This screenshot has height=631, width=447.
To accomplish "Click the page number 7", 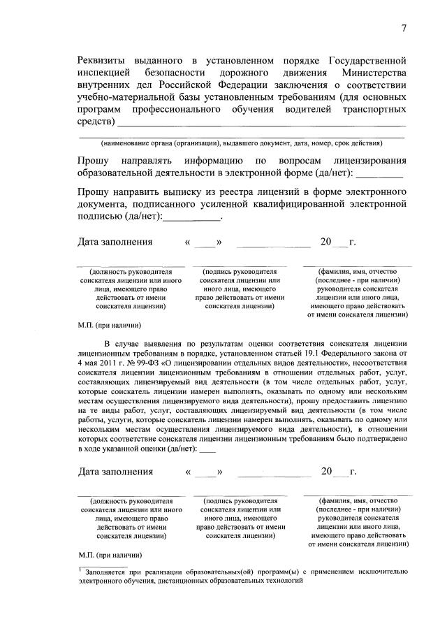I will point(404,27).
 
